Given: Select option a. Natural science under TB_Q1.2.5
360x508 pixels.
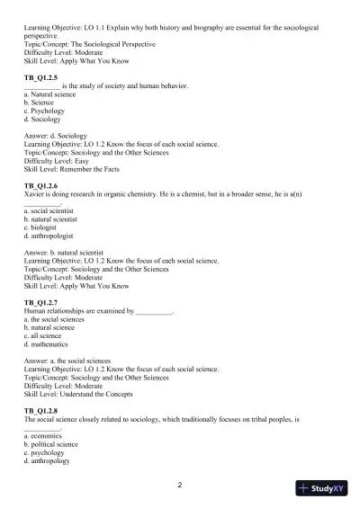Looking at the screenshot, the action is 50,95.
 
